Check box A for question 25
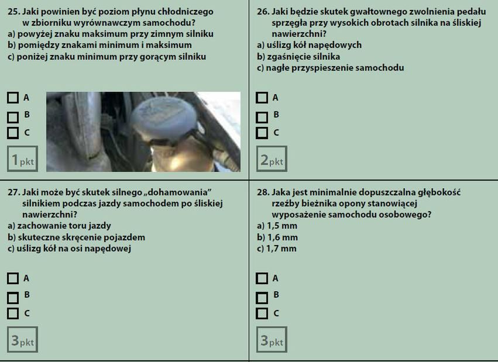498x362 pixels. pos(13,98)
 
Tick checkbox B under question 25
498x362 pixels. pos(13,118)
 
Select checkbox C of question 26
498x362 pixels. pos(262,133)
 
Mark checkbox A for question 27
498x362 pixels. pos(13,278)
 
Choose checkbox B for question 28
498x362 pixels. pos(262,298)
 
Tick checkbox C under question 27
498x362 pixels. pos(13,313)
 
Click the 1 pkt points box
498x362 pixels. pos(23,159)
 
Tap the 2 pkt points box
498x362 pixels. pos(272,159)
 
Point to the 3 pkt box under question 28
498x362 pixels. pos(272,339)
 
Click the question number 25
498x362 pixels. pos(14,12)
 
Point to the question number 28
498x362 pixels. pos(263,192)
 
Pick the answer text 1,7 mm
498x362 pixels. pos(281,249)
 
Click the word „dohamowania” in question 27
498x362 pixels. pos(180,192)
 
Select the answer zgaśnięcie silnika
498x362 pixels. pos(304,57)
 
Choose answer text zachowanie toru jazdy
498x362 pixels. pos(64,226)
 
